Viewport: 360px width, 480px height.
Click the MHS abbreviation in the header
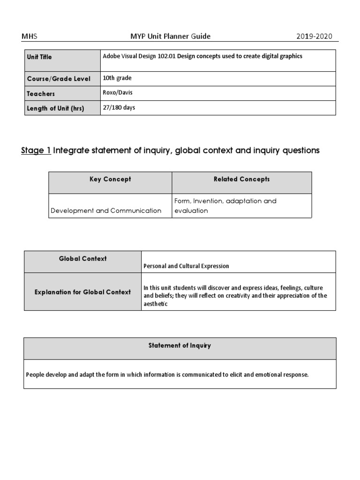pos(29,36)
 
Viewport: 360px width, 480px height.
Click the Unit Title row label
pos(39,57)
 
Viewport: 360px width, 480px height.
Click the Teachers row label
pos(41,94)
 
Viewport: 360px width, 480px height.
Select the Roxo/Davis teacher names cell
pos(117,93)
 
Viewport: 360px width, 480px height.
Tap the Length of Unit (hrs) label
pos(55,108)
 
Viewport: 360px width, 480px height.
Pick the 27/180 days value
pos(119,108)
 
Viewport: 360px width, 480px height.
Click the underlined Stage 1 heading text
pos(36,150)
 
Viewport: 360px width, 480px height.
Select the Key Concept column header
pos(110,180)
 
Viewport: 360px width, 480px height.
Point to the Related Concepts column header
pos(241,180)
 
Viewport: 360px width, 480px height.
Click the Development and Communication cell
pos(105,210)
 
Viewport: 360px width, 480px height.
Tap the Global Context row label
pos(82,259)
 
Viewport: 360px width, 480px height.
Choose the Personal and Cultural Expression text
pos(186,266)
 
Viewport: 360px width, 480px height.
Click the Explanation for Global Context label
pos(82,292)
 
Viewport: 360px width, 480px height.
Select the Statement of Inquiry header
pos(180,346)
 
